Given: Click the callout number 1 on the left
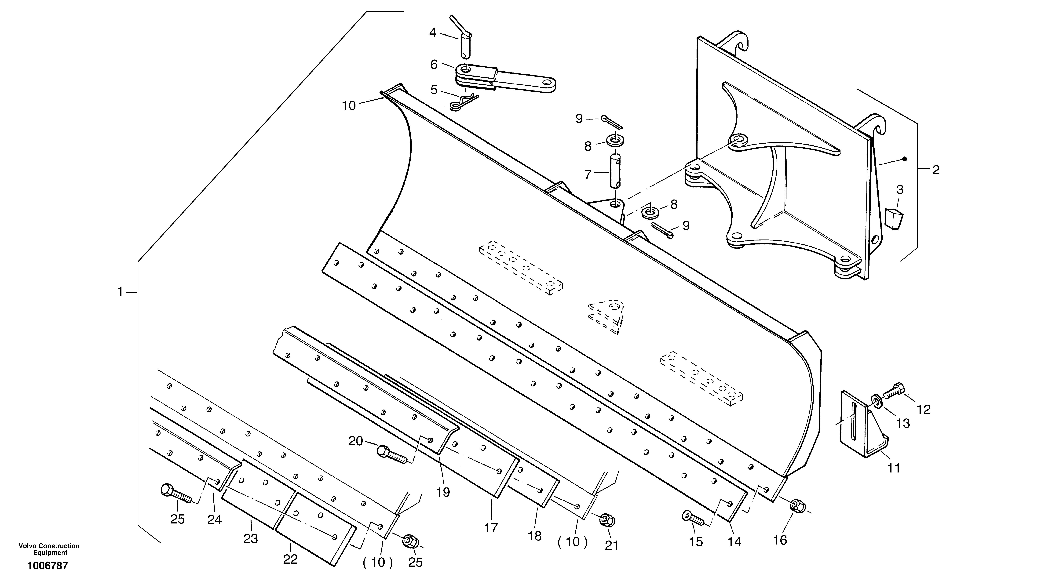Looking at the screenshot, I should click(120, 292).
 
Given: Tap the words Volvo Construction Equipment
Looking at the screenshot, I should click(49, 549).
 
